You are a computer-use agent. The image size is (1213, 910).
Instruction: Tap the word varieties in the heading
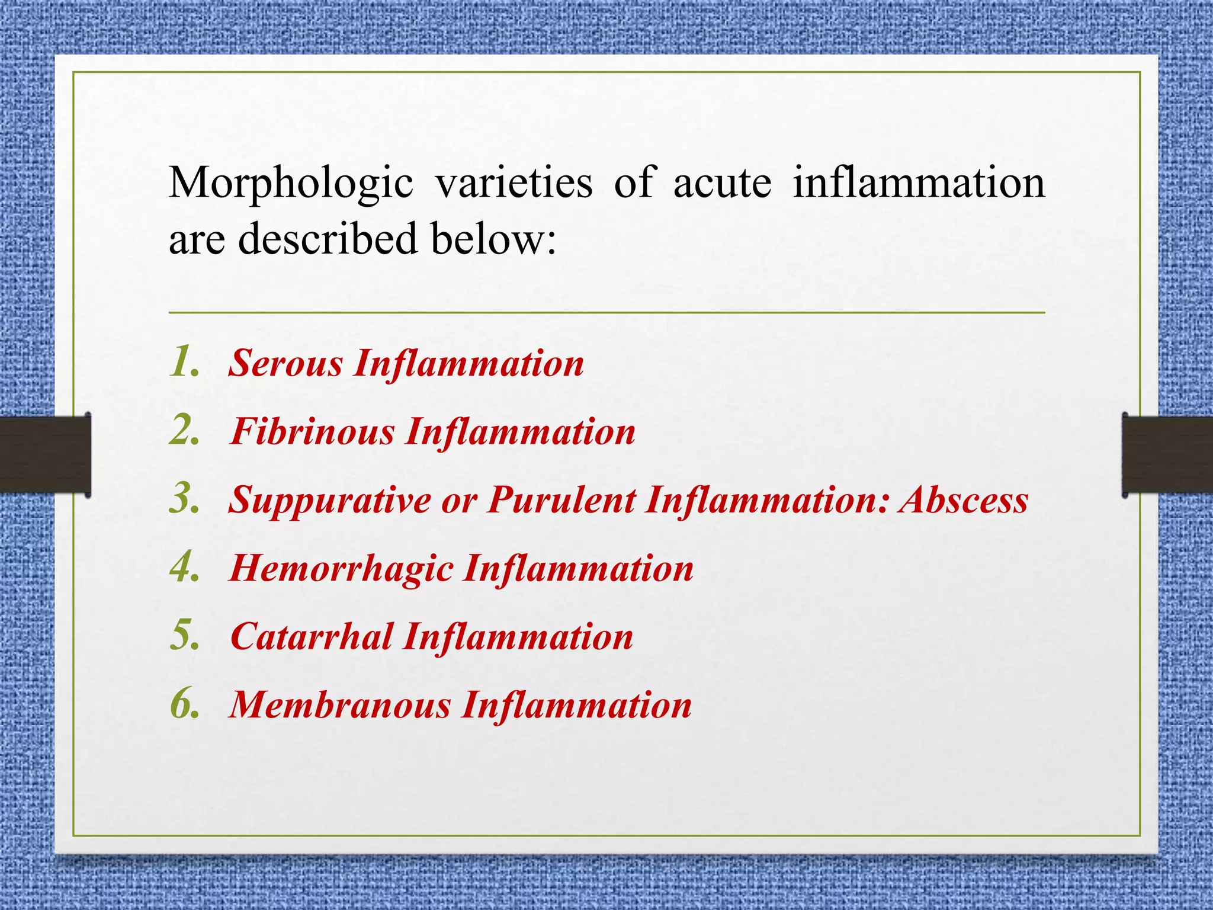(x=514, y=182)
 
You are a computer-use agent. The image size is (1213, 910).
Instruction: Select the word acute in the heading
(x=722, y=182)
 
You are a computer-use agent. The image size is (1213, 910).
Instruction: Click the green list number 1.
(x=184, y=361)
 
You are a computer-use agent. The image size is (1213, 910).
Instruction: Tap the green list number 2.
(x=184, y=430)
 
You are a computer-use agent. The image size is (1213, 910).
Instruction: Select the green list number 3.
(x=184, y=499)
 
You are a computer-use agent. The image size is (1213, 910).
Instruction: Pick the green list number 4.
(x=184, y=567)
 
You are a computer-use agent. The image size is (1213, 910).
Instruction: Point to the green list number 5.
(x=184, y=635)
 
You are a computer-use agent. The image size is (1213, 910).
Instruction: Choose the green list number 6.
(x=184, y=704)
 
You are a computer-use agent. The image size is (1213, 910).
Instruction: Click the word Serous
(x=285, y=363)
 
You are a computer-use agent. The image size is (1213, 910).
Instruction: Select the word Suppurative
(x=330, y=501)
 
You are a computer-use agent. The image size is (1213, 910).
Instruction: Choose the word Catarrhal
(x=312, y=636)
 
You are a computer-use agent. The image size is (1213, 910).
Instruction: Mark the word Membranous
(x=340, y=705)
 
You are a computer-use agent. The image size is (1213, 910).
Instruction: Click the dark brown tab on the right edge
(x=1167, y=454)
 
